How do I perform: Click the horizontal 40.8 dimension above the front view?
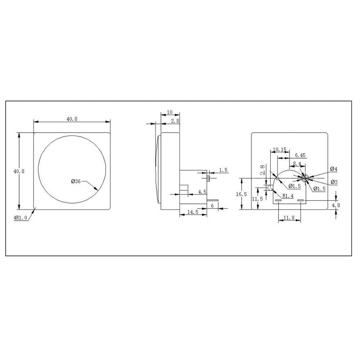72,119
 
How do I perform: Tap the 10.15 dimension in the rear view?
279,149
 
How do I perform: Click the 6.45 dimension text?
300,156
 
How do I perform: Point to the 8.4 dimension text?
297,163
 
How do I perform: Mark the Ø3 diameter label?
334,182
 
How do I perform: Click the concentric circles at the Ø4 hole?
305,177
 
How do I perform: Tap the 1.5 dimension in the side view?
223,170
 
